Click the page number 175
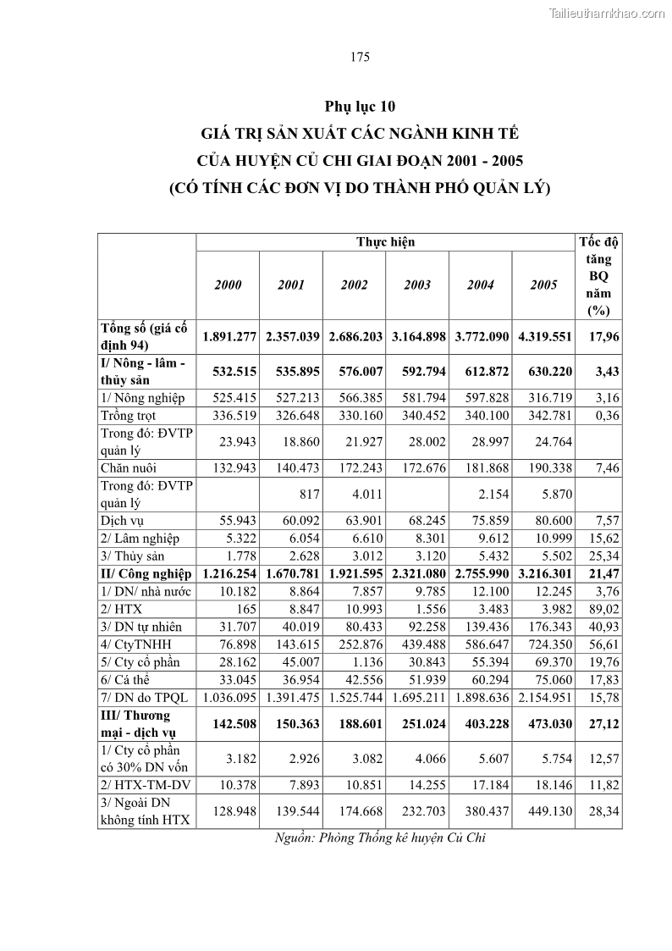pos(360,58)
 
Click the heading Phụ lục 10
pos(360,107)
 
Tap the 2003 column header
pos(417,285)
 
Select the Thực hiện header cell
pos(386,242)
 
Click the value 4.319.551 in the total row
pos(543,337)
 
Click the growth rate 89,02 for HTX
pos(604,609)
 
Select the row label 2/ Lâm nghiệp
pos(139,539)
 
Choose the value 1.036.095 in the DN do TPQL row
pos(228,697)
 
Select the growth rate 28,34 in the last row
pos(604,812)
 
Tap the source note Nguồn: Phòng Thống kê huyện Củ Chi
pos(380,838)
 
